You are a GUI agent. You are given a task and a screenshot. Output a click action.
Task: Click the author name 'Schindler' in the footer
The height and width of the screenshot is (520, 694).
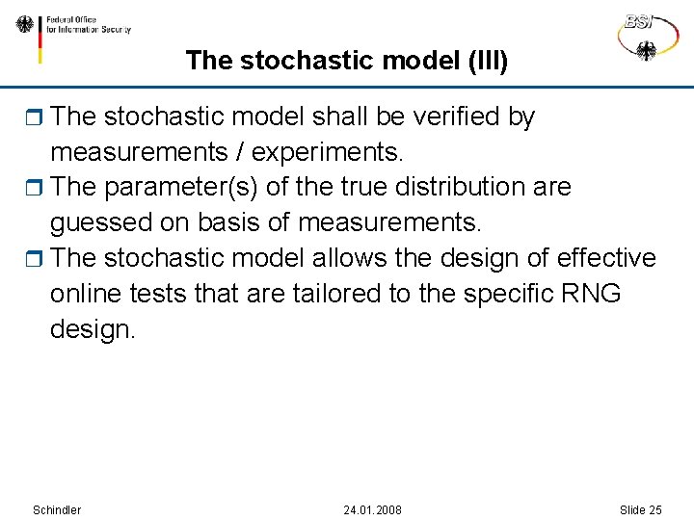57,509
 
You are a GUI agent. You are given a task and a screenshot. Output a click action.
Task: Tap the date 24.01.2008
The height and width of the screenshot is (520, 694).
372,509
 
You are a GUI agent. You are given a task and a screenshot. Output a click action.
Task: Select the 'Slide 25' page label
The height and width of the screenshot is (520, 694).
640,509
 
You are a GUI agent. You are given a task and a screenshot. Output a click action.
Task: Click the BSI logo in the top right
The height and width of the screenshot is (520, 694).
645,36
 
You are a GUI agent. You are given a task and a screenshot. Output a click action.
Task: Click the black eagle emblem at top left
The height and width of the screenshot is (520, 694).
25,24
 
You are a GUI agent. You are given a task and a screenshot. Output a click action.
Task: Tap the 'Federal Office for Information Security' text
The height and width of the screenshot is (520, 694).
89,24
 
